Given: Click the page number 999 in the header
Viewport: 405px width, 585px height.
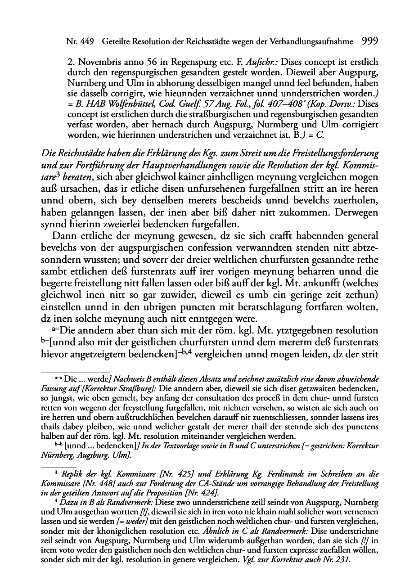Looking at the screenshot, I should coord(369,41).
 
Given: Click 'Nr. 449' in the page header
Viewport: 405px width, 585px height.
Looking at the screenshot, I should coord(79,42).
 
